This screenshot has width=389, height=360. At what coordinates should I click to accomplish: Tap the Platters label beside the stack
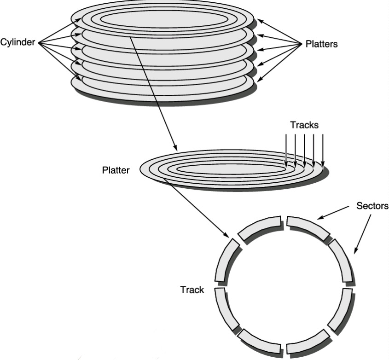(x=321, y=44)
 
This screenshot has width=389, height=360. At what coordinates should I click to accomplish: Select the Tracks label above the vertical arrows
(x=304, y=125)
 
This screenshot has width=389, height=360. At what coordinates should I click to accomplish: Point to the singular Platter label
(x=116, y=170)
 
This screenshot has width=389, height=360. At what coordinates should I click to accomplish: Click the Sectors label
(x=372, y=205)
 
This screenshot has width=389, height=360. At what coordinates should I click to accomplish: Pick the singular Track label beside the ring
(x=192, y=290)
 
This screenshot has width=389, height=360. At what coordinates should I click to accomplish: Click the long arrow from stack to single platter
(x=152, y=92)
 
